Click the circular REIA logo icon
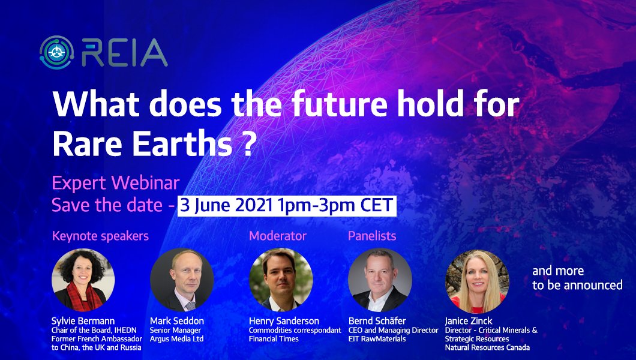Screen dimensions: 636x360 [x=57, y=52]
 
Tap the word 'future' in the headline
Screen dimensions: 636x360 [x=339, y=104]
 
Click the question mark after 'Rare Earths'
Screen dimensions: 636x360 [x=250, y=145]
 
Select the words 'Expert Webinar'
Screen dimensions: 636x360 [x=116, y=183]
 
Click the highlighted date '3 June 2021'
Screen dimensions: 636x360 [x=226, y=205]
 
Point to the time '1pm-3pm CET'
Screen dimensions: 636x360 [x=335, y=205]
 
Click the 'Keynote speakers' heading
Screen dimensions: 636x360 [x=101, y=236]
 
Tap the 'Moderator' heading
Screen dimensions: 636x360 [x=278, y=236]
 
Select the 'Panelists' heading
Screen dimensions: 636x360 [x=372, y=236]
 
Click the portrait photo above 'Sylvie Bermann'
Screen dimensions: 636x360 [x=83, y=280]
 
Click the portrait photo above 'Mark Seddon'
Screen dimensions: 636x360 [x=182, y=280]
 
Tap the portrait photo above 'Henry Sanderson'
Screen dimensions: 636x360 [x=281, y=280]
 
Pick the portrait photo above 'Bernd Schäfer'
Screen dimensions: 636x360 [x=380, y=280]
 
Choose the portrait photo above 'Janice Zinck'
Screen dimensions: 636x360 [x=477, y=281]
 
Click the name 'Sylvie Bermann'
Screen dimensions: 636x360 [x=83, y=321]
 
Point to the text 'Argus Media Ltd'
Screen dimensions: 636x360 [x=177, y=339]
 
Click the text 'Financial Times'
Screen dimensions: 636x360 [x=274, y=339]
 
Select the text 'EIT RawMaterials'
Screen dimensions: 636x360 [x=377, y=339]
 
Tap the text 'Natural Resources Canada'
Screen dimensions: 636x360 [x=487, y=347]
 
